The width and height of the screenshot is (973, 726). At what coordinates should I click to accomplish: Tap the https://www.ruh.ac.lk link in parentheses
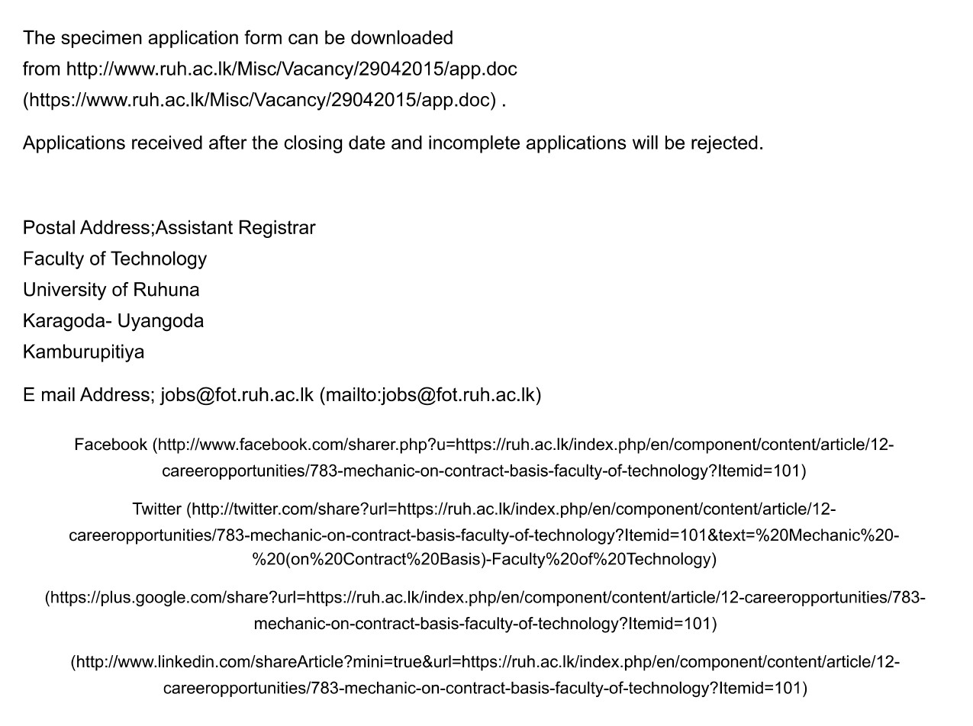tap(263, 100)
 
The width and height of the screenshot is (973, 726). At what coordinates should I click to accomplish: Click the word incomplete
tap(474, 143)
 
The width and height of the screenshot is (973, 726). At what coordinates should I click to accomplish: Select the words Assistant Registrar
tap(235, 228)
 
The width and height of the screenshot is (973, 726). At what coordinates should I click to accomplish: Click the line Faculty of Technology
tap(114, 259)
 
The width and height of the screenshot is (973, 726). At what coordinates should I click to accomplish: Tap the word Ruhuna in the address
tap(166, 290)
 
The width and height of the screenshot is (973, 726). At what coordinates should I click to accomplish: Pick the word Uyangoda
tap(160, 321)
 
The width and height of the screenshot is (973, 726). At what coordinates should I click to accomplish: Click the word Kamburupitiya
tap(83, 352)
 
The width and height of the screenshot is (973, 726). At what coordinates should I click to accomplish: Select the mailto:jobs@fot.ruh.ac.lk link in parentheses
tap(430, 395)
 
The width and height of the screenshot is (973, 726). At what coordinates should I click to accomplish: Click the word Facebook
tap(111, 445)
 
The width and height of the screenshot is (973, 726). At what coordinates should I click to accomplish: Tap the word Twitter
tap(156, 509)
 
